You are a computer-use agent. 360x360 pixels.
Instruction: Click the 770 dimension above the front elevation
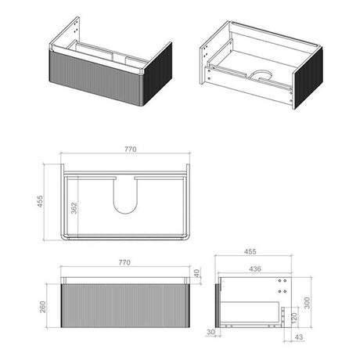[x=124, y=262]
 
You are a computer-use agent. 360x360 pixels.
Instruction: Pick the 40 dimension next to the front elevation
[x=197, y=274]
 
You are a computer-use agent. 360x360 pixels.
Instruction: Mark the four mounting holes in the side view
[x=283, y=283]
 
